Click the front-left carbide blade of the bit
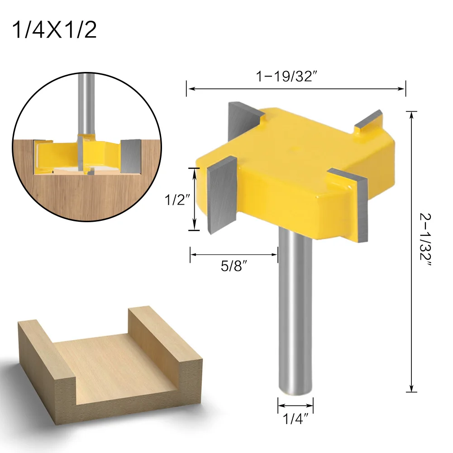click(x=222, y=195)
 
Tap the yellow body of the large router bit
click(x=294, y=172)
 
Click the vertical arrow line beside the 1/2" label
click(x=194, y=199)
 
